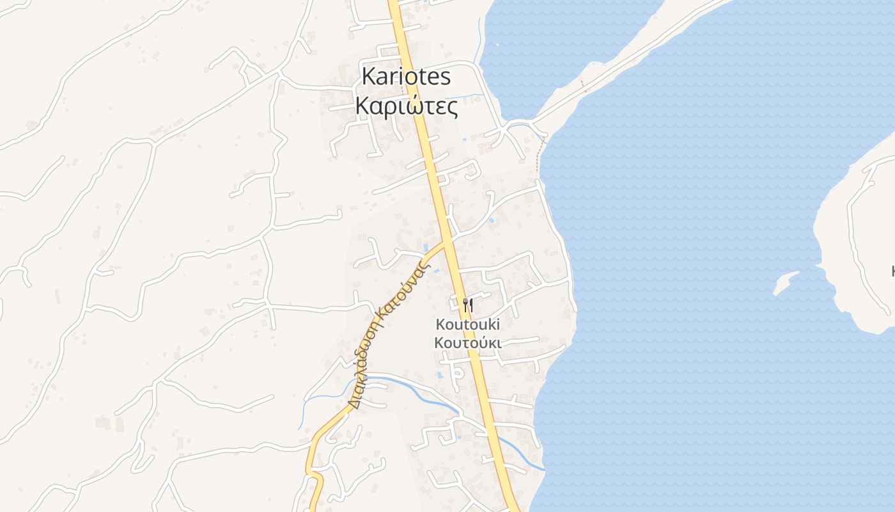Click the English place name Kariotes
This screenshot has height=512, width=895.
pyautogui.click(x=406, y=77)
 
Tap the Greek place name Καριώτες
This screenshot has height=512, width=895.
pyautogui.click(x=406, y=106)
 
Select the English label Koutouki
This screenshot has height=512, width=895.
pyautogui.click(x=467, y=324)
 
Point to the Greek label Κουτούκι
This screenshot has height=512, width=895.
pyautogui.click(x=467, y=343)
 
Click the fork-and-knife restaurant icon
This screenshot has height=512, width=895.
pyautogui.click(x=467, y=305)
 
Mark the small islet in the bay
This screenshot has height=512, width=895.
pyautogui.click(x=785, y=282)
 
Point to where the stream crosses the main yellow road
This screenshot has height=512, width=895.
pyautogui.click(x=490, y=433)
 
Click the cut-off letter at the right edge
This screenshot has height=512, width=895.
pyautogui.click(x=892, y=271)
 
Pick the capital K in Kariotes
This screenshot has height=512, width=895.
pyautogui.click(x=368, y=77)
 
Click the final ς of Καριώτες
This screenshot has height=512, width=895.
pyautogui.click(x=453, y=108)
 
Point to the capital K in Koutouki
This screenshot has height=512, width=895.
pyautogui.click(x=440, y=324)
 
